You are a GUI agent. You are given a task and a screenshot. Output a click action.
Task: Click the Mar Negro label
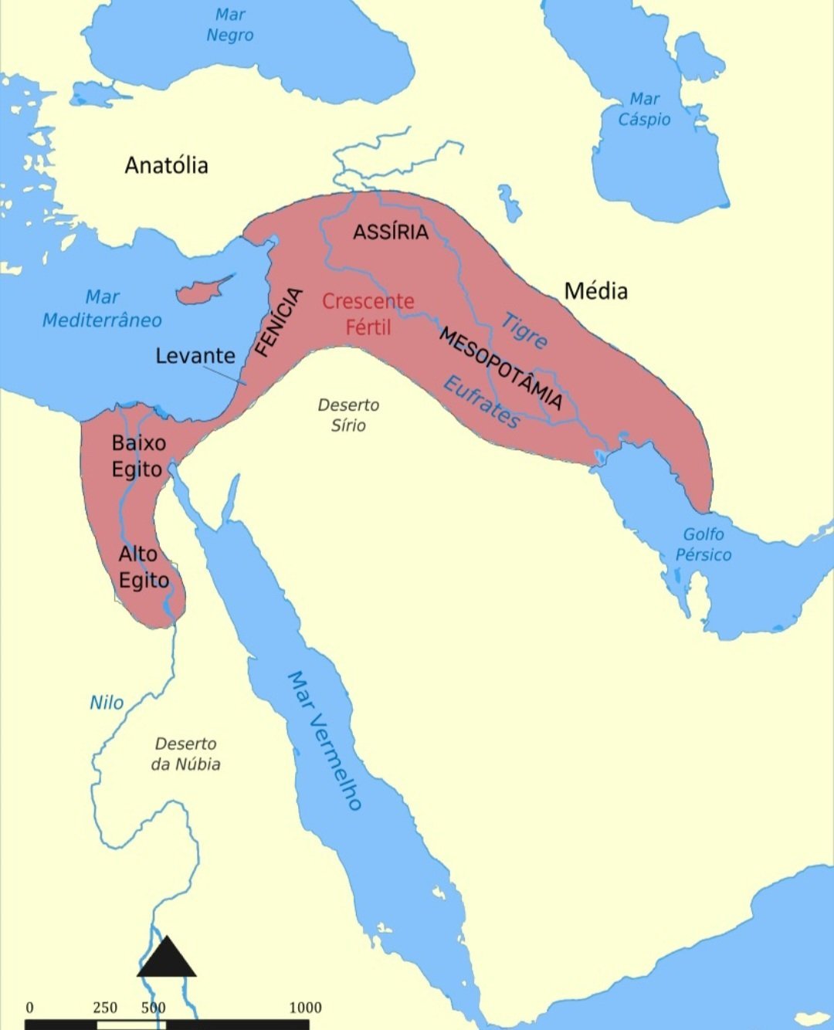coord(230,25)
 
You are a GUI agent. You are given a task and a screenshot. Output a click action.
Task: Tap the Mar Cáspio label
coord(644,110)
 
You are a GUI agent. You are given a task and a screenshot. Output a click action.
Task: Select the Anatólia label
coord(166,165)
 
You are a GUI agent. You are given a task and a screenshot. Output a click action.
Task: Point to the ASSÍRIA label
coord(391,232)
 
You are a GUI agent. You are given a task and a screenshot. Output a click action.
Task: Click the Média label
coord(595,291)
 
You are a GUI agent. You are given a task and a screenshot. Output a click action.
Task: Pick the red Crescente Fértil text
coord(368,313)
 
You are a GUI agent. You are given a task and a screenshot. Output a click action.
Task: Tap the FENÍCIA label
coord(278,322)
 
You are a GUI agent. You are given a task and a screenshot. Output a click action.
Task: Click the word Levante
coord(195,356)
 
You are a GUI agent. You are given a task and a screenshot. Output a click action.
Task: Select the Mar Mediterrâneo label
coord(102,309)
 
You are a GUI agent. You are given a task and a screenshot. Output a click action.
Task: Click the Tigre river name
coord(524,330)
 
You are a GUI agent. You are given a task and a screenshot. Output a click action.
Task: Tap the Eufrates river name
coord(482,401)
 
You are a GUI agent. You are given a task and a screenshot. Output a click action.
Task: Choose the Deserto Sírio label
coord(348,415)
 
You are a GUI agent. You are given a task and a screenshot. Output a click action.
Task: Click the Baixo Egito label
coord(138,456)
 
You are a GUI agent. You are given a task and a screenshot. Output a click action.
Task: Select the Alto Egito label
coord(143,567)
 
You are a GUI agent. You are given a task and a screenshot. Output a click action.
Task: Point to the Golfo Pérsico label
coord(703,544)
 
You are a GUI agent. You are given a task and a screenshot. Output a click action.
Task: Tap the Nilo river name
coord(107,703)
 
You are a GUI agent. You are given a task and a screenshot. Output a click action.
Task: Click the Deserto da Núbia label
coord(185,754)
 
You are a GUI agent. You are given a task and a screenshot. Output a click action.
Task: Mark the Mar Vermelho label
coord(324,740)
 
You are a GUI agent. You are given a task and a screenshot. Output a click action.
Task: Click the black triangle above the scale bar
coord(167,960)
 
